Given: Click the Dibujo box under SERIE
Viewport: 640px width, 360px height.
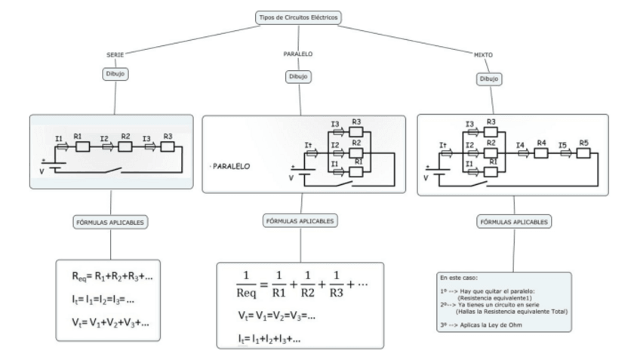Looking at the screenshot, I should point(115,74).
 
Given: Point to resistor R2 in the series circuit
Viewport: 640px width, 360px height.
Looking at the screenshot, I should point(125,144).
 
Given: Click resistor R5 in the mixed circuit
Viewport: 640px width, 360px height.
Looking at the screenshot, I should point(583,150).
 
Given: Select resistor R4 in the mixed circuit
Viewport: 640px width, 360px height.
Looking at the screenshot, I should point(540,151).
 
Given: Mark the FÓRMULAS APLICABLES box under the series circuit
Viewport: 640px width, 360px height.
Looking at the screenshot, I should point(110,222).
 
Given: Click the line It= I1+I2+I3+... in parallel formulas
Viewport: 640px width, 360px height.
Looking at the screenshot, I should point(268,337).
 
